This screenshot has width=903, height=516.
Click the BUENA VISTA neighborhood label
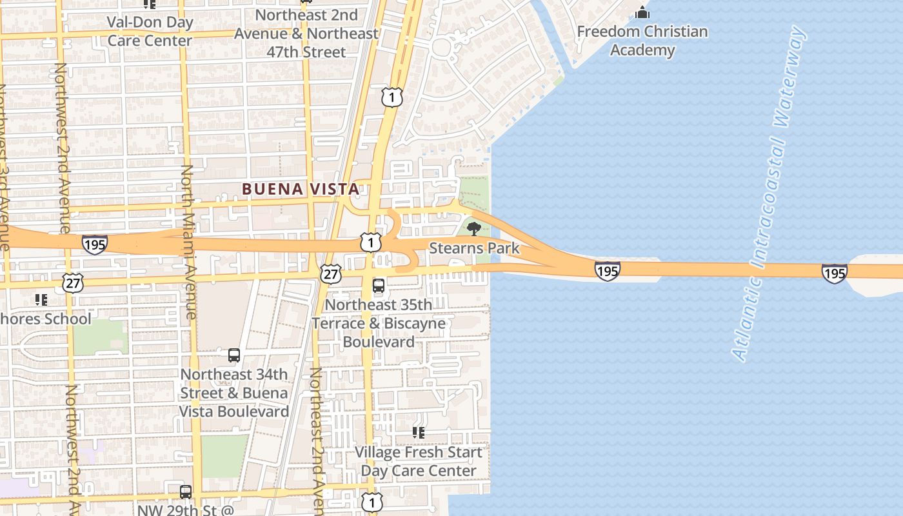click(x=300, y=189)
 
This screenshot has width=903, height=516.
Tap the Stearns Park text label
click(x=474, y=248)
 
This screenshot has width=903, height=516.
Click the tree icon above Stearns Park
click(x=473, y=228)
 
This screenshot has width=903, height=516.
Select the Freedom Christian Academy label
click(x=642, y=41)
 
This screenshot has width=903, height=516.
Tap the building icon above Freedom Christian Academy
click(x=642, y=12)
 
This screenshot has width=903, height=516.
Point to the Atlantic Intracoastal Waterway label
click(x=769, y=193)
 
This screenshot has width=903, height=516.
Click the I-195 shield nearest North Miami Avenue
click(x=95, y=244)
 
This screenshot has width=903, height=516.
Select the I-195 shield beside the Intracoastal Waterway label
click(x=834, y=273)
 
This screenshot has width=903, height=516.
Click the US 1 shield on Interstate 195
click(x=371, y=243)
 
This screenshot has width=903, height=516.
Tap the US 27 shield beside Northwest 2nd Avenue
click(x=73, y=282)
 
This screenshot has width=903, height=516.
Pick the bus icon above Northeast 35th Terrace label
click(x=379, y=285)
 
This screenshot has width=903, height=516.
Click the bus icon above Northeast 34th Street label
click(x=234, y=355)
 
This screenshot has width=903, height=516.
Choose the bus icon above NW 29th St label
click(x=186, y=491)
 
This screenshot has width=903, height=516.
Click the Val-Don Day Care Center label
click(x=150, y=31)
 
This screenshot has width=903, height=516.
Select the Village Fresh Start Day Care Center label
click(x=419, y=461)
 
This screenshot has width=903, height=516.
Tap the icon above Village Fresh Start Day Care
click(x=419, y=432)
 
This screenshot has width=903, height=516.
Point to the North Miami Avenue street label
click(x=188, y=242)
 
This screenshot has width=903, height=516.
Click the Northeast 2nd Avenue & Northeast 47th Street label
click(x=306, y=33)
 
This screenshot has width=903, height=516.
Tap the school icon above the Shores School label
click(x=41, y=299)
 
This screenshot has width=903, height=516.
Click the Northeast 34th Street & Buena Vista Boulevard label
click(x=233, y=393)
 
